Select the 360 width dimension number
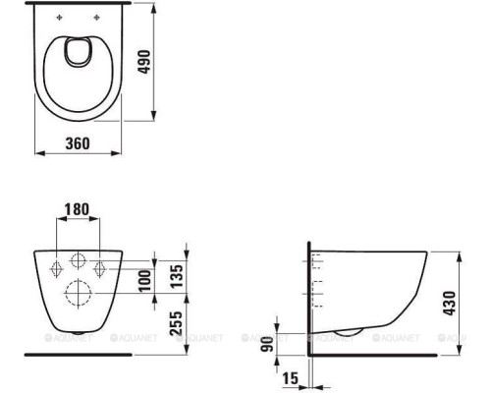(x=78, y=143)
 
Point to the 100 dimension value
(x=146, y=280)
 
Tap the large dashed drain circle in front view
(x=78, y=293)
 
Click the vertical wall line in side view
(x=309, y=295)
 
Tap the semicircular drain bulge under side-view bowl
(x=346, y=331)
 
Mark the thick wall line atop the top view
(x=79, y=5)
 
